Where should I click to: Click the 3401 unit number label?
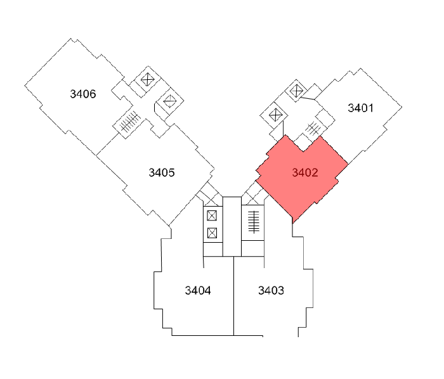[360, 108]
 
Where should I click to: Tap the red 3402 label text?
[304, 172]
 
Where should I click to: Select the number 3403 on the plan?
[271, 291]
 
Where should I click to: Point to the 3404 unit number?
[198, 291]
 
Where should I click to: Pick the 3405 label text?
[162, 172]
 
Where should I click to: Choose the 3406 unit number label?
[83, 94]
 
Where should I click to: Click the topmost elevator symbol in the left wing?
[148, 79]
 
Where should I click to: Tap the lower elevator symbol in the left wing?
[169, 100]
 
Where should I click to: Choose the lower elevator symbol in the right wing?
[275, 115]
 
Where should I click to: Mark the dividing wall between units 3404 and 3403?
[234, 298]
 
